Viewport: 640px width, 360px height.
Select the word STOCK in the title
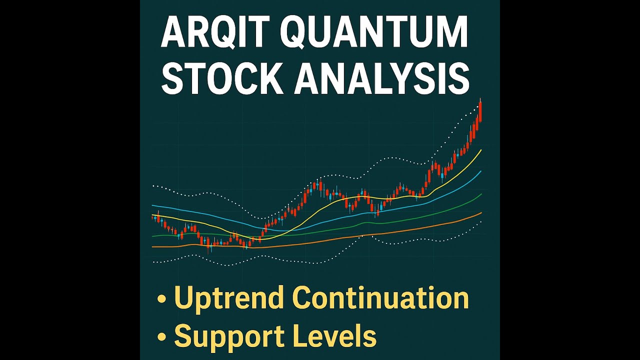[x=221, y=79]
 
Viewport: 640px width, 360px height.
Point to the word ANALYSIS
[x=381, y=79]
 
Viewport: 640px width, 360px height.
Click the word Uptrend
[x=229, y=298]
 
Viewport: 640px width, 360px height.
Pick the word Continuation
[x=380, y=298]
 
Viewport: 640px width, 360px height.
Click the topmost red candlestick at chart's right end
[x=480, y=111]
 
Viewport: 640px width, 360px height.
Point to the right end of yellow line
[x=481, y=149]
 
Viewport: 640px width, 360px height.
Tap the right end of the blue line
[x=481, y=171]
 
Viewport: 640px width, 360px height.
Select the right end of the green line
[x=481, y=194]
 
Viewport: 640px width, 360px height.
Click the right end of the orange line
[x=481, y=212]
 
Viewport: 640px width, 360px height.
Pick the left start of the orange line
[x=152, y=246]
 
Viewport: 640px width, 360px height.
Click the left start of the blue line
[x=152, y=205]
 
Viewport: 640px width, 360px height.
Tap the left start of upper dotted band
[x=153, y=185]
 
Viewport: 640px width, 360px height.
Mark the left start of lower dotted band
[x=153, y=261]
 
